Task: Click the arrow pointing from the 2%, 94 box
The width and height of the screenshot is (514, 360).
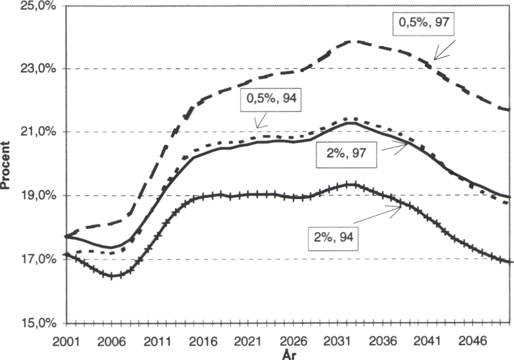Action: point(377,214)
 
